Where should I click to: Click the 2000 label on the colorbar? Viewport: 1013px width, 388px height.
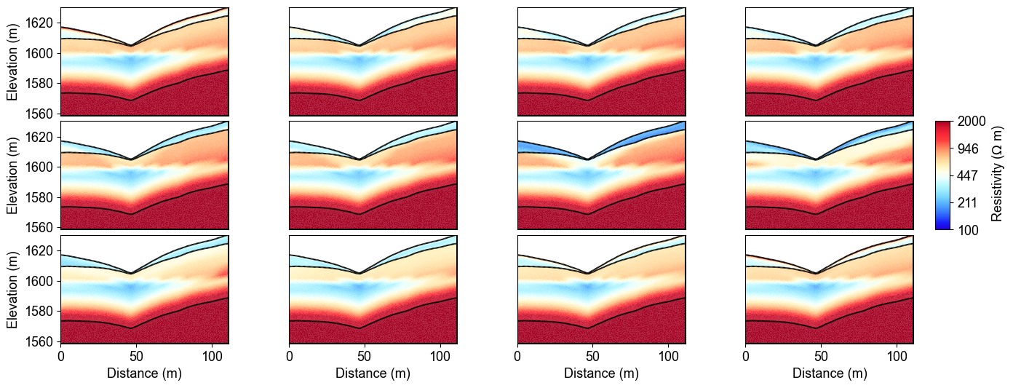tap(973, 122)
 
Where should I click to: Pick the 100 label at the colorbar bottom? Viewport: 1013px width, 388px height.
tap(969, 230)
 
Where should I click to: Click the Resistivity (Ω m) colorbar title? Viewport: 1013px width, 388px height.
tap(998, 175)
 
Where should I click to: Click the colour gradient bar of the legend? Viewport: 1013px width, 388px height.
tap(943, 175)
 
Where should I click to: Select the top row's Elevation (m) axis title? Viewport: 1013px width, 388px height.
tap(12, 62)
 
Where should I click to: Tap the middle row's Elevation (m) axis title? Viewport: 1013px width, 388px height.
tap(12, 175)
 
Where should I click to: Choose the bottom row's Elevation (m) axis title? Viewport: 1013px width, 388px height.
tap(12, 289)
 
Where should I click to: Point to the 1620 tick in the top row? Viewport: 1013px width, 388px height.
tap(41, 23)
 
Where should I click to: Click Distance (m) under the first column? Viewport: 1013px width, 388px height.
tap(144, 373)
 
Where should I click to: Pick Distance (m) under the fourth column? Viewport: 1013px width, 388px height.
tap(830, 373)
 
